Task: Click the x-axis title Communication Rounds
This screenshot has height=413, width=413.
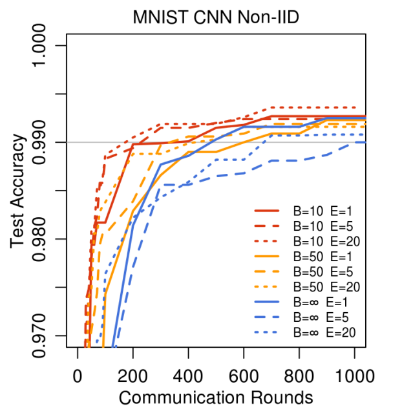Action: click(x=217, y=396)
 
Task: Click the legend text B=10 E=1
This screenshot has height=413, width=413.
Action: click(x=323, y=211)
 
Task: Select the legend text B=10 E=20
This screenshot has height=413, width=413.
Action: click(x=326, y=242)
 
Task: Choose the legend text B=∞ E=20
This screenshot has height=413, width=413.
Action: click(x=326, y=333)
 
